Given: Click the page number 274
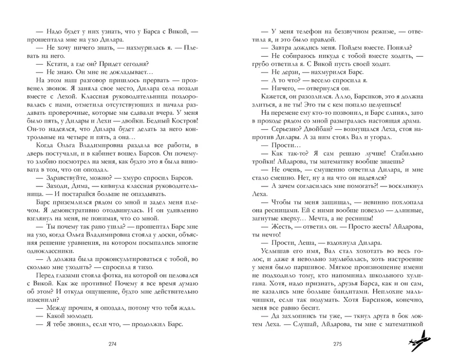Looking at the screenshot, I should click(113, 344).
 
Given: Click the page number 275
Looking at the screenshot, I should click(338, 344).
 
